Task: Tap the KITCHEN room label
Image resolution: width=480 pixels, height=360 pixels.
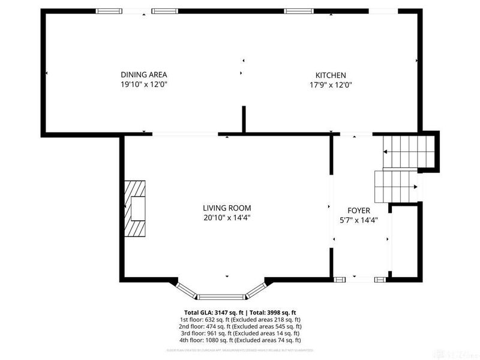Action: [x=331, y=75]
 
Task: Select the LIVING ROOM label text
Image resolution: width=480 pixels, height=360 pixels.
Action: [x=226, y=208]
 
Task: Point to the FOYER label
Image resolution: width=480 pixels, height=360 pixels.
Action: [x=359, y=211]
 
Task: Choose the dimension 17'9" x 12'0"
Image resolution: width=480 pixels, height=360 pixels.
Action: [x=331, y=85]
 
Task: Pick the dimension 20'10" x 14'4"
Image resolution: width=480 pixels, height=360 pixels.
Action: [x=226, y=218]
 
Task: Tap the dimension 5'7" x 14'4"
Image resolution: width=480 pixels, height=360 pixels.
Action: [x=359, y=220]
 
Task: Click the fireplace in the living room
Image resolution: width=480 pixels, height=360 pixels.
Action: [x=135, y=209]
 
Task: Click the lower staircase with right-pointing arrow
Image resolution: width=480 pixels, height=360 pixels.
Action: [x=396, y=187]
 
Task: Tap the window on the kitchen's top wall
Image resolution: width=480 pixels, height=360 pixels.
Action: [x=298, y=11]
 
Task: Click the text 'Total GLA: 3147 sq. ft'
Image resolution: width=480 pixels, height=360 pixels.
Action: [x=213, y=313]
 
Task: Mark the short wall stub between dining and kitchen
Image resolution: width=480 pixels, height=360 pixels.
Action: [x=244, y=119]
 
